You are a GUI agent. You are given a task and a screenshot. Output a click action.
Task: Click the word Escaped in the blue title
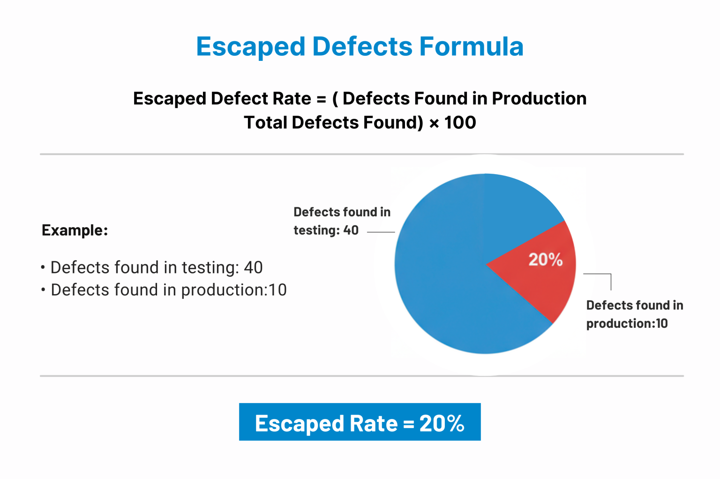click(x=250, y=47)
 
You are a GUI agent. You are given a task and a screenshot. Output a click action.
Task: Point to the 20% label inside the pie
click(x=545, y=259)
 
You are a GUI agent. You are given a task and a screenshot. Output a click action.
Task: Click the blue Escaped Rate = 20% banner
click(x=360, y=422)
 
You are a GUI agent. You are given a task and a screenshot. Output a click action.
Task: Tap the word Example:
click(x=75, y=230)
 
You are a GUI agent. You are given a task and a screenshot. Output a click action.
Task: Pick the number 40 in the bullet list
click(x=253, y=267)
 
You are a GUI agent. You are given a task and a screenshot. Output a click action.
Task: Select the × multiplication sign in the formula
click(x=435, y=123)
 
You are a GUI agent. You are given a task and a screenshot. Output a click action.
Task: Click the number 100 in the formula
click(x=460, y=123)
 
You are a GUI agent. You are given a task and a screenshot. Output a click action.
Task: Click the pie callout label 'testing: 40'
click(x=326, y=230)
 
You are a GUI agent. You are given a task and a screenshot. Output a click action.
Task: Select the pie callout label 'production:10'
click(x=627, y=324)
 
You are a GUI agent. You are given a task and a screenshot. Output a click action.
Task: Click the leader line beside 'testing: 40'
click(x=381, y=232)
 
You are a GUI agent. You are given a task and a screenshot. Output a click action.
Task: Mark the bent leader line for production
click(x=605, y=274)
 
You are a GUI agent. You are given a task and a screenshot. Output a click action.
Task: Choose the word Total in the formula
click(x=265, y=123)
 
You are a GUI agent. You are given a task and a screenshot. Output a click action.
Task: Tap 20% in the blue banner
click(x=442, y=423)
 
